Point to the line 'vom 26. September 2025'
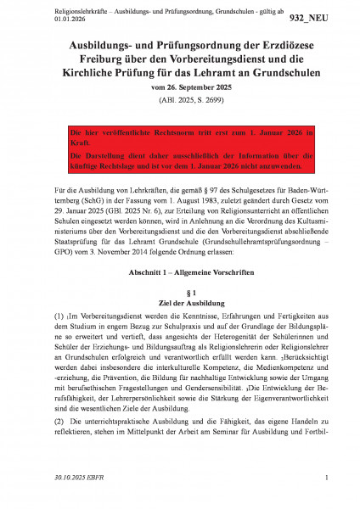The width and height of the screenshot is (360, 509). tap(179, 92)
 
